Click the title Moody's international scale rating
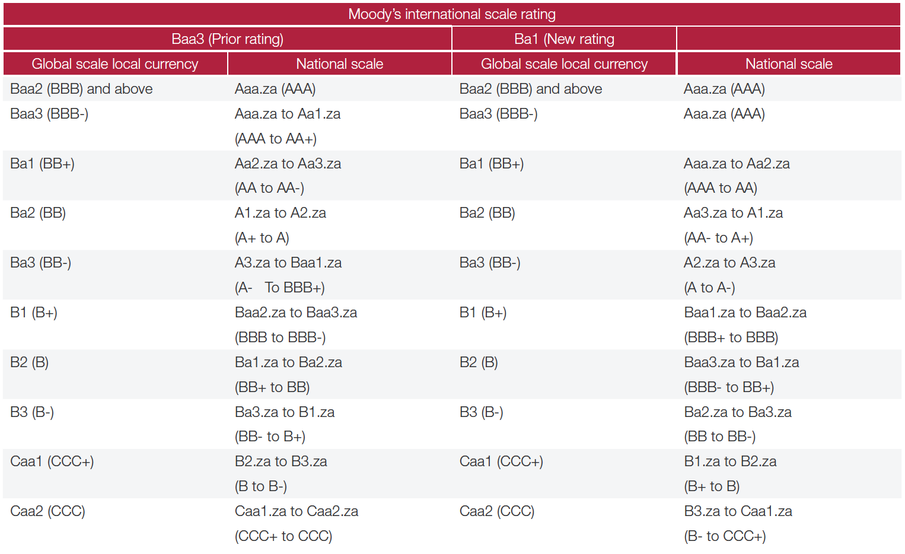point(452,14)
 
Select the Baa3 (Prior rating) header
point(227,39)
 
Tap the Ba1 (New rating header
point(564,39)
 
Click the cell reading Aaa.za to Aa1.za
point(288,114)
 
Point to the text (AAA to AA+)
point(276,139)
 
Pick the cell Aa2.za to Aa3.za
point(288,164)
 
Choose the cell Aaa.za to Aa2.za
point(737,164)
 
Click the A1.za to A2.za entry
point(281,213)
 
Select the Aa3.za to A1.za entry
point(733,213)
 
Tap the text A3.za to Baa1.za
point(288,263)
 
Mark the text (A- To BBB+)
point(280,288)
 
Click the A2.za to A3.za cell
point(729,263)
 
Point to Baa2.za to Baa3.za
point(296,313)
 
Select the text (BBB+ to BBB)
point(731,338)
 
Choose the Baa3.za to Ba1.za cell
point(741,362)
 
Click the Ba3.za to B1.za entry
point(285,412)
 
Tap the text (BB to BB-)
point(720,437)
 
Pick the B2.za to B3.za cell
point(281,461)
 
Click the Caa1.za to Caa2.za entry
point(297,511)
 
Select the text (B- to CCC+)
point(725,536)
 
